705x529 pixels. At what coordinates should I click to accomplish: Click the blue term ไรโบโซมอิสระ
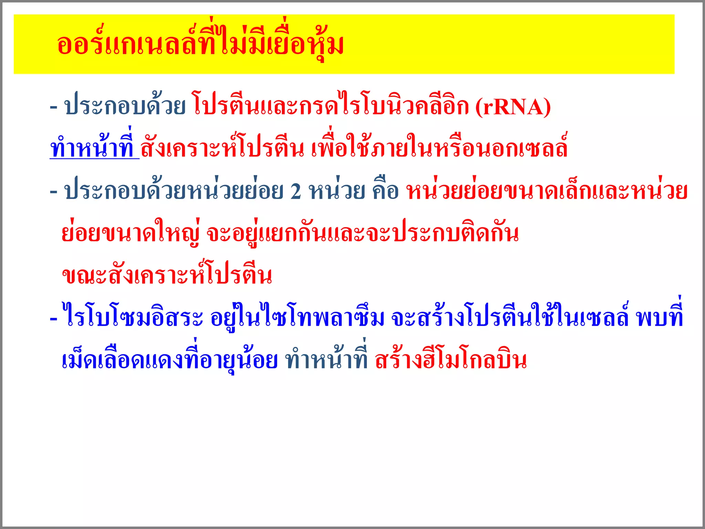click(133, 318)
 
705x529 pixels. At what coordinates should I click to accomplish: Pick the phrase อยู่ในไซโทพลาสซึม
click(297, 318)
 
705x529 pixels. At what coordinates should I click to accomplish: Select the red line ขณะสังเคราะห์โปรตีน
click(167, 276)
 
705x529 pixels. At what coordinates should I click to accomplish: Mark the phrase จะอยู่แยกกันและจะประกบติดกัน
click(362, 234)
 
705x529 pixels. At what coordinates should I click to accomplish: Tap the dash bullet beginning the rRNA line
click(53, 107)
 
